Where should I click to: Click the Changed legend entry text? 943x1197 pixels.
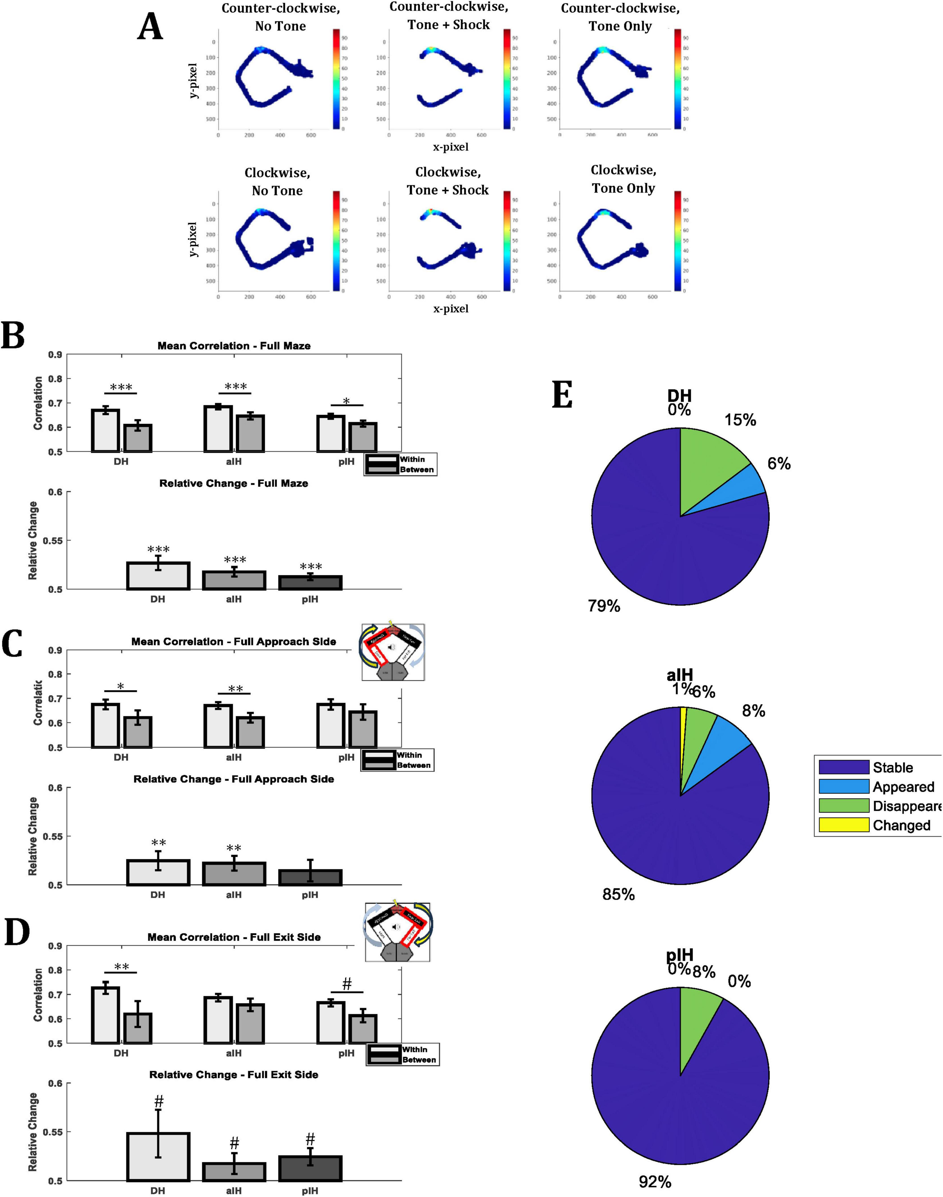click(x=901, y=825)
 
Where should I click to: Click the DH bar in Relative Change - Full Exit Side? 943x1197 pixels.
click(x=159, y=1157)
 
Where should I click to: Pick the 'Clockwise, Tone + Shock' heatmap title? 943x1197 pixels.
click(x=448, y=181)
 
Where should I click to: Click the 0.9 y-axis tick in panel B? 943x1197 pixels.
click(x=55, y=354)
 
